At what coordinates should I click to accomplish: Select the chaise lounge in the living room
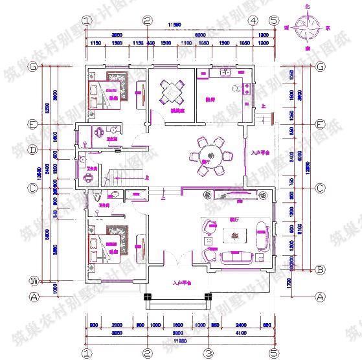[263, 234]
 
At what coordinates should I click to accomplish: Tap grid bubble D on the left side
[32, 150]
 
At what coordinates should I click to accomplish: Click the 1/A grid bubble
[32, 280]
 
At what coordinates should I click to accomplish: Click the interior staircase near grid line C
[126, 174]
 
